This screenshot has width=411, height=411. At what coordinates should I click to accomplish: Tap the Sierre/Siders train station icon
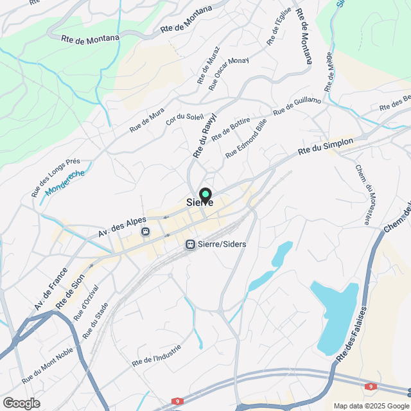[190, 244]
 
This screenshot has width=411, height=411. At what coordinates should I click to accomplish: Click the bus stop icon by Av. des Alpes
[146, 231]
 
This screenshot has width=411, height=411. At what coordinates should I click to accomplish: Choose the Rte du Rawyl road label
[205, 136]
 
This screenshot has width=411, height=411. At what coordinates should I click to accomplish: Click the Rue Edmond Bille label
[246, 139]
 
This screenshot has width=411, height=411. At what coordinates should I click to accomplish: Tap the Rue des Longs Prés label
[55, 178]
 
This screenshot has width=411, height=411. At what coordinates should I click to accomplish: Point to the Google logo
[21, 403]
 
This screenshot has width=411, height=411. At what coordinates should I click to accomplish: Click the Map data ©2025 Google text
[371, 405]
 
